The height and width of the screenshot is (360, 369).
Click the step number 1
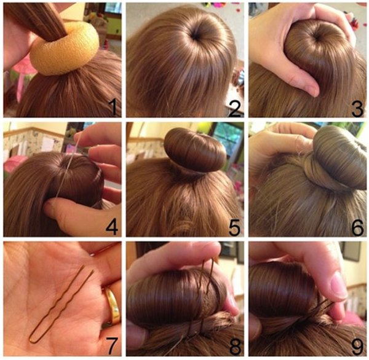tap(113, 107)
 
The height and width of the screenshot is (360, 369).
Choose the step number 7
tap(111, 346)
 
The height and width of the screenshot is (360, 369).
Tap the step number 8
tap(235, 346)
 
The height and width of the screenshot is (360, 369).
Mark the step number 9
tap(357, 346)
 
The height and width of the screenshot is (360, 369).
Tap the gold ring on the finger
tap(113, 306)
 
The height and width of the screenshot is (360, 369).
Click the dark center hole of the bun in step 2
tap(196, 36)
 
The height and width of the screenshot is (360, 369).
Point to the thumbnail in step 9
tap(339, 286)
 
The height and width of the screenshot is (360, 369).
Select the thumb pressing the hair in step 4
tap(71, 214)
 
